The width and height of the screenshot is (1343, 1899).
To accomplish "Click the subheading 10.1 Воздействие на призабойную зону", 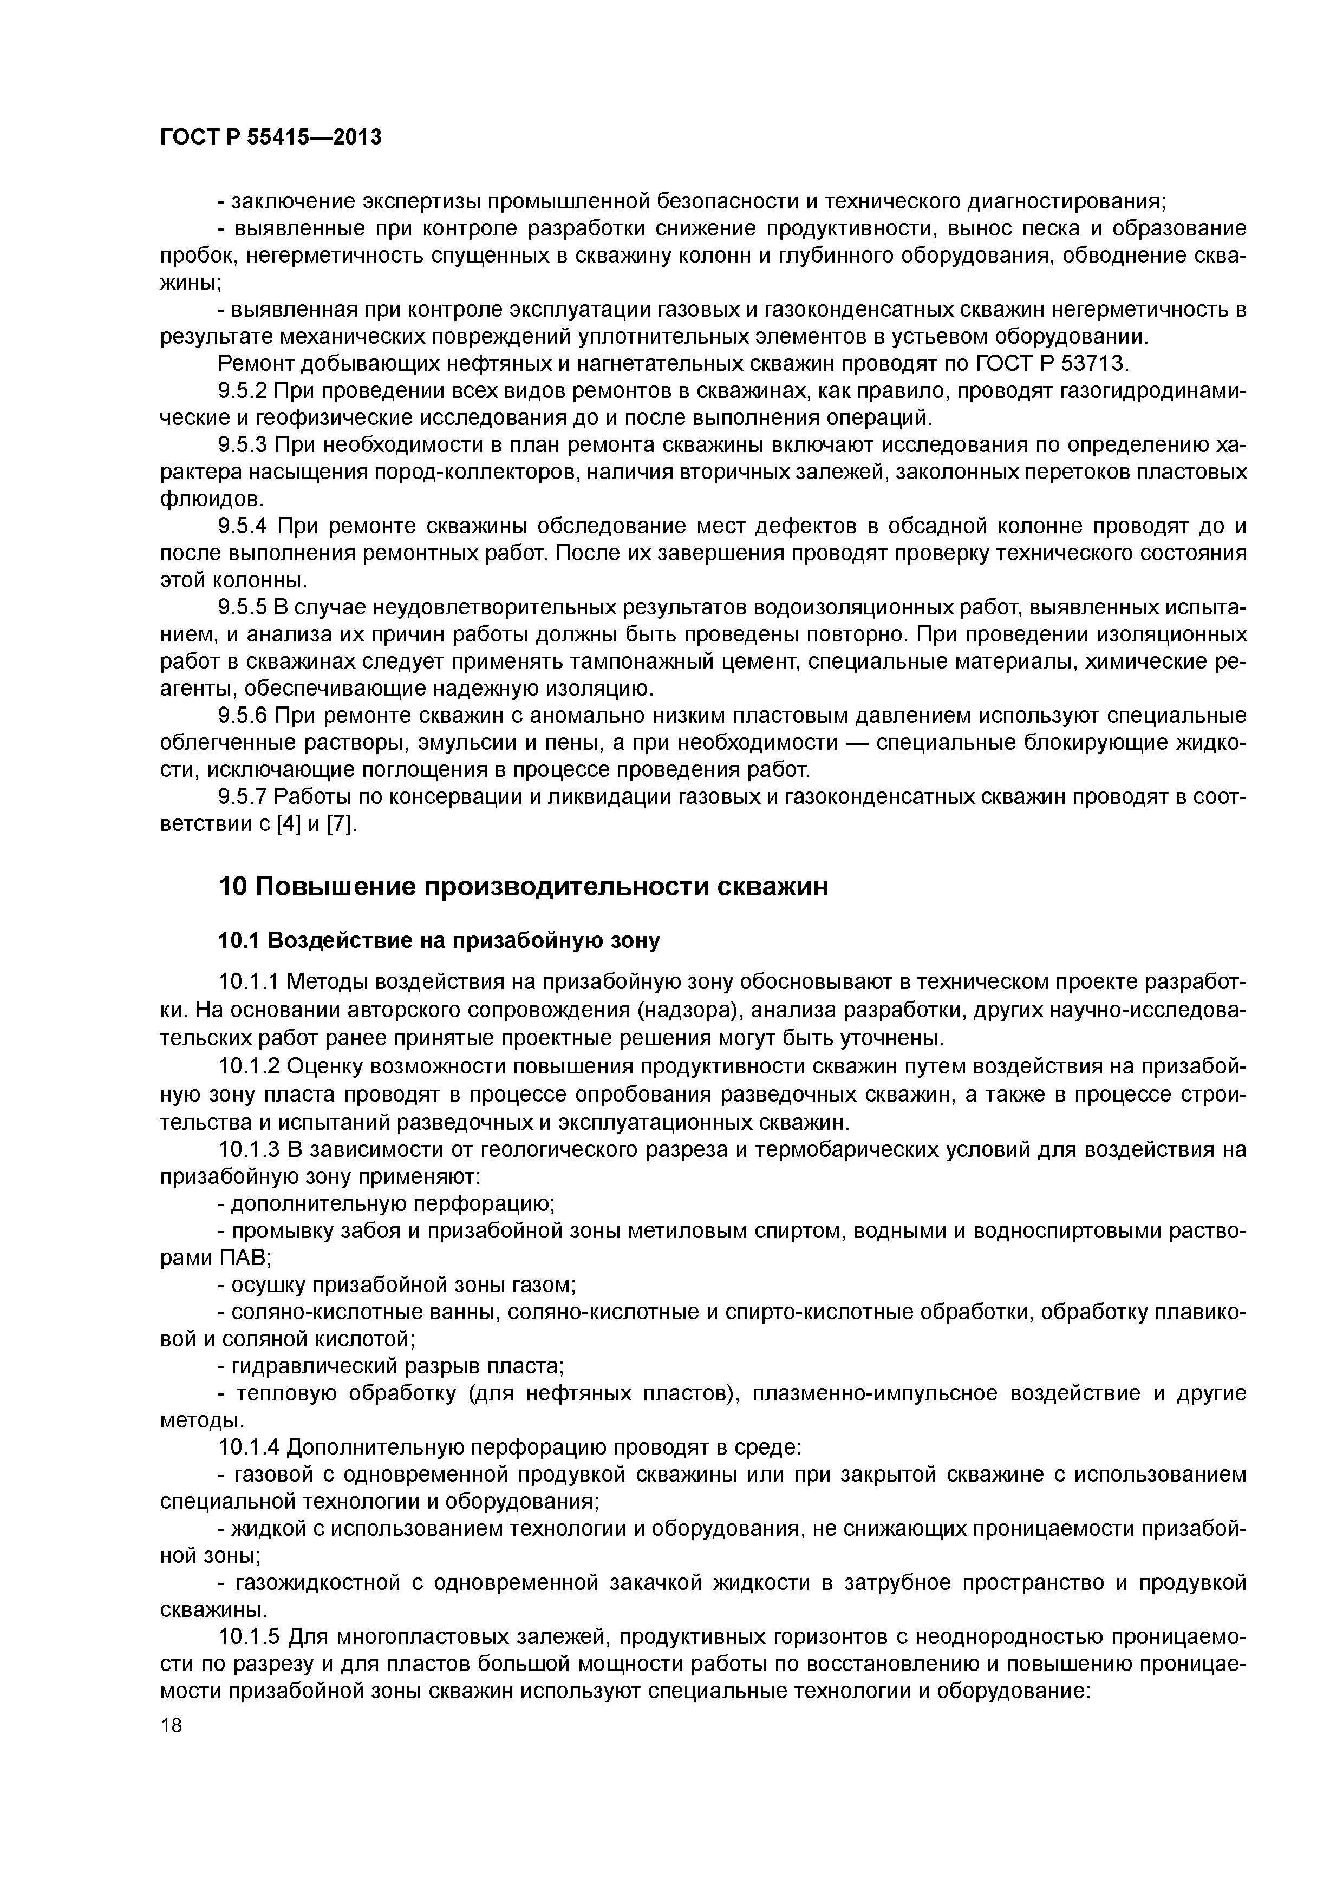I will [439, 941].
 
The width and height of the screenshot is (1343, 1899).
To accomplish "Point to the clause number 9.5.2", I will [243, 390].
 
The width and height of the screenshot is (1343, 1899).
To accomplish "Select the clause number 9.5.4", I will [243, 526].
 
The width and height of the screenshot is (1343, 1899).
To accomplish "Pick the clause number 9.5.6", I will [243, 716].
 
